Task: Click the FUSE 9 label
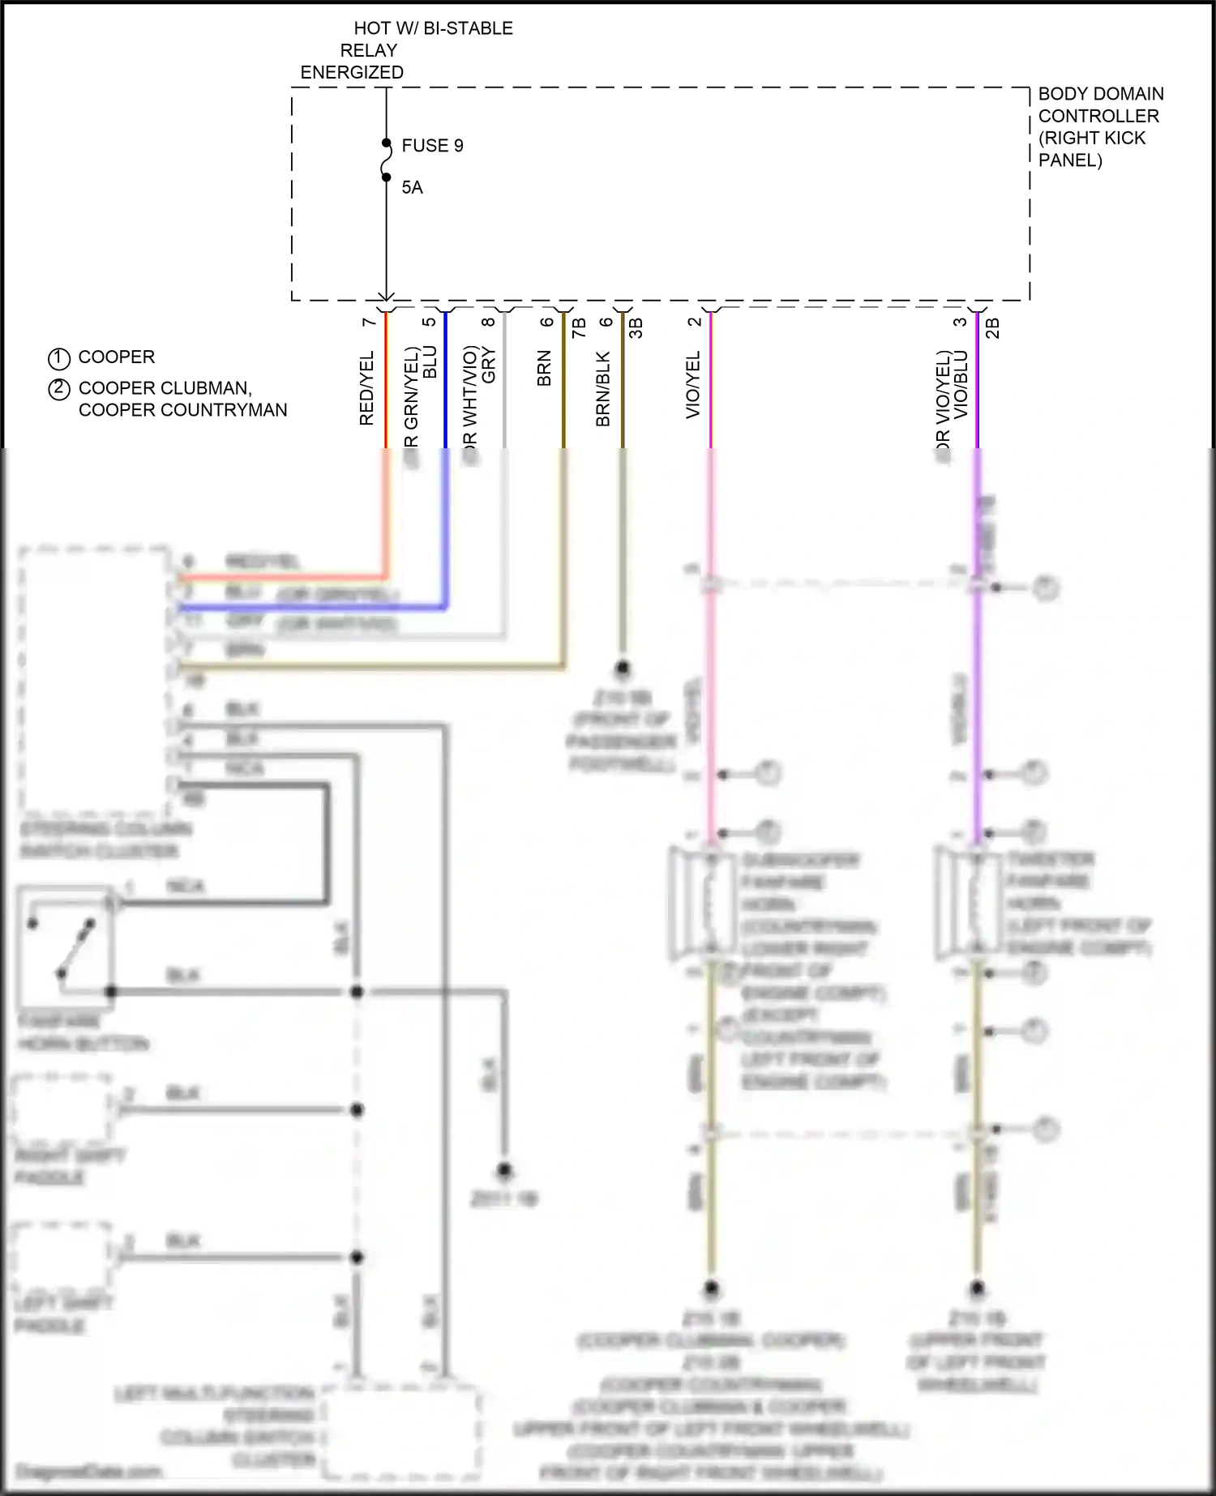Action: tap(432, 146)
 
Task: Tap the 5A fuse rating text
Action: tap(412, 188)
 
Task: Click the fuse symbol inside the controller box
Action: tap(387, 160)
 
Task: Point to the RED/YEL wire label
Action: tap(366, 388)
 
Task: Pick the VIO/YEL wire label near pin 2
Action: tap(693, 385)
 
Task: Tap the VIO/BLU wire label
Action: tap(961, 384)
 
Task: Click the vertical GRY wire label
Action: tap(489, 365)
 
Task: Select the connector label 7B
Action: tap(579, 327)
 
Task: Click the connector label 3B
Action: tap(636, 327)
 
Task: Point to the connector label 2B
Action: tap(992, 327)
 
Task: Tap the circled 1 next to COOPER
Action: tap(59, 358)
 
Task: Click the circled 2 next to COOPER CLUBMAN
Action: tap(59, 389)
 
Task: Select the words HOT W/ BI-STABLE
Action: tap(433, 28)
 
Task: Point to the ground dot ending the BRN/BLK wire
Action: tap(623, 669)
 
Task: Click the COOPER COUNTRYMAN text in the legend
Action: tap(182, 410)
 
